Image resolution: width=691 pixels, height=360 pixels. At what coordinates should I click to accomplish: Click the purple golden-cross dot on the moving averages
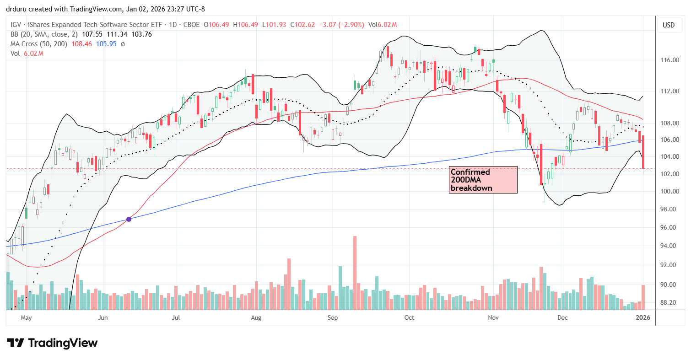click(x=129, y=220)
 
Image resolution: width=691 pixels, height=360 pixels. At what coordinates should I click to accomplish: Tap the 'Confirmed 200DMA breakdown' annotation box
click(x=483, y=180)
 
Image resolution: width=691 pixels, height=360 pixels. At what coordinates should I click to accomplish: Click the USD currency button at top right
click(x=669, y=25)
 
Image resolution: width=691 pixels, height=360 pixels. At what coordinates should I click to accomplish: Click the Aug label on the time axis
click(x=256, y=317)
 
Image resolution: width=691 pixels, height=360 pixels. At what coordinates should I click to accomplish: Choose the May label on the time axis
click(x=27, y=317)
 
